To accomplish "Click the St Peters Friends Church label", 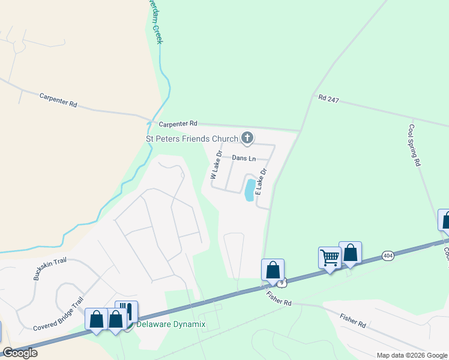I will pos(193,139).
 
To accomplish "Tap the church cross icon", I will pos(246,139).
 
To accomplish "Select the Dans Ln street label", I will pos(244,158).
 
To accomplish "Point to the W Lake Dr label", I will pos(216,166).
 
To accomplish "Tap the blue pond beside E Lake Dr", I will pos(249,190).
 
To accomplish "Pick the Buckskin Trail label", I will pos(49,271).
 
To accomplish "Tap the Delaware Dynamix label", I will pos(171,325).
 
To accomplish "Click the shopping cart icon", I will pos(330,257).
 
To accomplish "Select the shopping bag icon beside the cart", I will pos(350,252).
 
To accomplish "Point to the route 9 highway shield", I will pos(280,281).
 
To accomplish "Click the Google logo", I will pos(20,353).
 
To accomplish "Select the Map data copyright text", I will pos(412,355).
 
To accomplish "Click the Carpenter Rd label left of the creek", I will pos(58,100).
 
